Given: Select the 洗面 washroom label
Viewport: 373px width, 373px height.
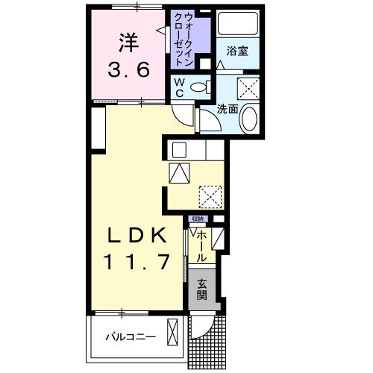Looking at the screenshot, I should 227,109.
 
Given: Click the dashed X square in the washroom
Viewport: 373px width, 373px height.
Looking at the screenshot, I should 246,87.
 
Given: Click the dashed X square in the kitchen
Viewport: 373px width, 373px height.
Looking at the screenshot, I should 210,196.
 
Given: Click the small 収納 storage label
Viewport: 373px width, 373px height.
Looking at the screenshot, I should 197,219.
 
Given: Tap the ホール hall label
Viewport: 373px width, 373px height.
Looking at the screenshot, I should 201,246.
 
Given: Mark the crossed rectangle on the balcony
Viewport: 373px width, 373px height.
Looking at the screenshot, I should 173,332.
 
